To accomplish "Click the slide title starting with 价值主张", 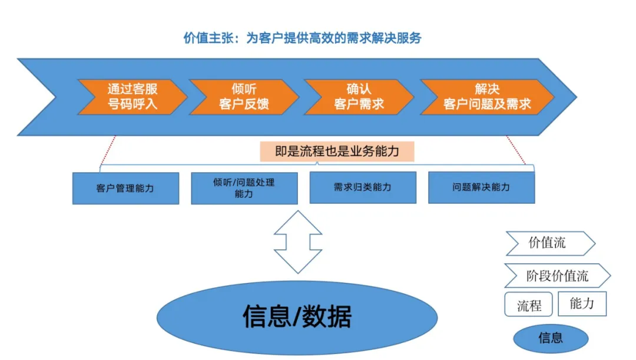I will tap(303, 38).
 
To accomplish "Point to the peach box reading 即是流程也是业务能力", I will tap(337, 151).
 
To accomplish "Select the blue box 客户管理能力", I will tap(125, 189).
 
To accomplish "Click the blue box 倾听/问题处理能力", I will tap(244, 188).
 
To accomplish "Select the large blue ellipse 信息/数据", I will tap(297, 318).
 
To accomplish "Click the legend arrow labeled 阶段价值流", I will tap(556, 276).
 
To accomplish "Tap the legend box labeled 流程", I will tap(528, 305).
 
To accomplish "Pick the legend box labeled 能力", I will tap(581, 303).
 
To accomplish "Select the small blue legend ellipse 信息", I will tap(551, 338).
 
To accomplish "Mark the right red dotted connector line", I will tap(516, 151).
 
